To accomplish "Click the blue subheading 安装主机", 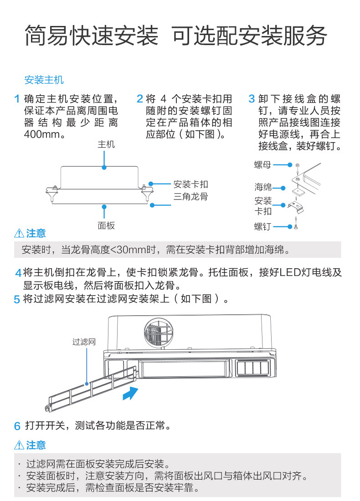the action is coord(44,81).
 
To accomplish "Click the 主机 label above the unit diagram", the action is coord(106,144).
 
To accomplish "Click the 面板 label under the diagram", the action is coord(106,225).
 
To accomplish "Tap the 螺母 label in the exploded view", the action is coord(262,165).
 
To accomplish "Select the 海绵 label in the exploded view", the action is coord(263,187).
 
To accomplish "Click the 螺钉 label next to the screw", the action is coord(262,226).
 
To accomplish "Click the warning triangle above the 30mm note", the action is coord(19,234).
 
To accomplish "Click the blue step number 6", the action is coord(17,426).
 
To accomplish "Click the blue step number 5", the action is coord(17,300).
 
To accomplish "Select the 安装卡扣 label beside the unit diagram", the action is coord(190,184).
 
